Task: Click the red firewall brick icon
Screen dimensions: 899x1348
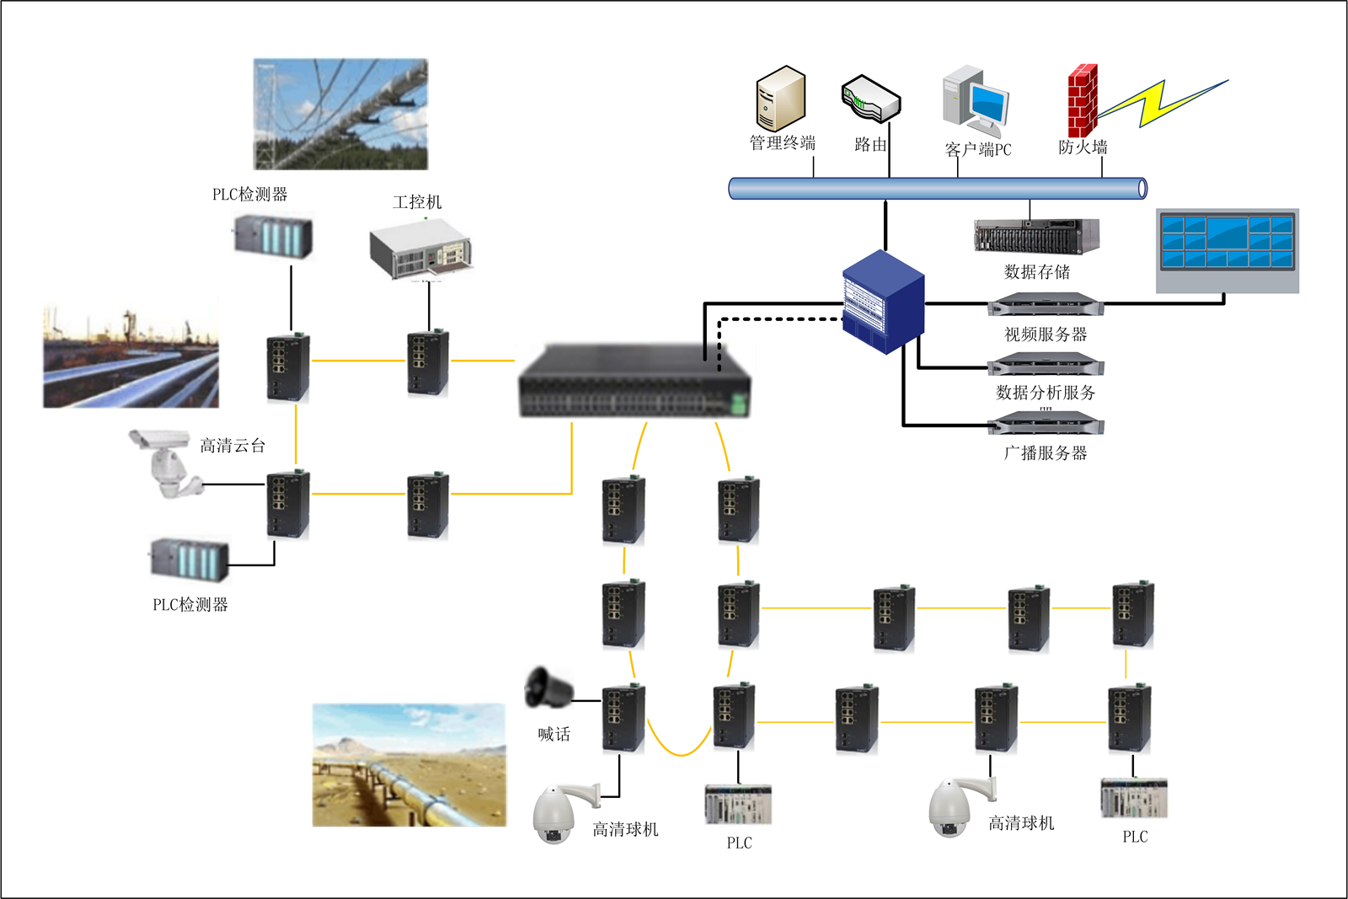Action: pos(1083,100)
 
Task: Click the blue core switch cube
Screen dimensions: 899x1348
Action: pos(884,301)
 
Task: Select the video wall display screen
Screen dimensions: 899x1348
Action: pos(1227,250)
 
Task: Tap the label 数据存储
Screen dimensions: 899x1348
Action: pos(1037,272)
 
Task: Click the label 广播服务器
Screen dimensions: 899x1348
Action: pos(1046,453)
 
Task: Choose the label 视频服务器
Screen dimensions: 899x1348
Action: pos(1046,334)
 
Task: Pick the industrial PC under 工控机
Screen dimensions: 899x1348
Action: pos(420,249)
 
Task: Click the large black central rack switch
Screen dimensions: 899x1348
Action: pos(634,382)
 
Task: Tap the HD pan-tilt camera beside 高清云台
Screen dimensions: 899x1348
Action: pos(166,462)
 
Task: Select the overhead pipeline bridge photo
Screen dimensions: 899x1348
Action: pos(341,114)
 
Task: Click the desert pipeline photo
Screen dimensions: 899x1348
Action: pos(409,765)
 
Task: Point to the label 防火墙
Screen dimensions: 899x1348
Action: pos(1083,147)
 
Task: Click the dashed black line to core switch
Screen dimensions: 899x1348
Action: pos(775,319)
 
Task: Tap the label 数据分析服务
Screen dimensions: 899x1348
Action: pos(1046,393)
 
